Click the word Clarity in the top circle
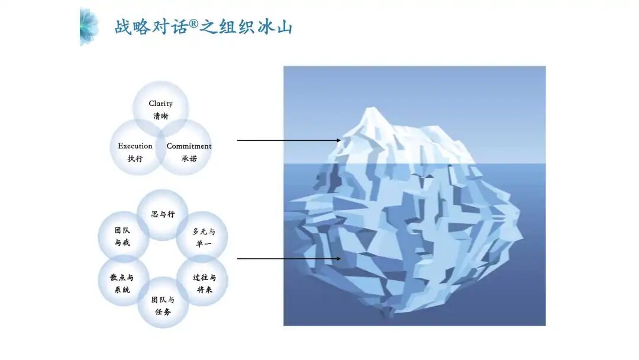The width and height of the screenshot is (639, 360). [x=160, y=104]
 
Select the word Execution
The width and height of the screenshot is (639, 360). [x=135, y=146]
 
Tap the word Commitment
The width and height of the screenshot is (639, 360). [x=189, y=146]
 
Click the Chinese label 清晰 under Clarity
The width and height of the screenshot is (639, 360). [x=160, y=116]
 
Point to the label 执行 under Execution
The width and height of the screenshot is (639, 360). [x=135, y=158]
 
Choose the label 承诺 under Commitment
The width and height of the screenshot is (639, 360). [x=189, y=158]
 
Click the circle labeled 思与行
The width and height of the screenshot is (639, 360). [x=163, y=214]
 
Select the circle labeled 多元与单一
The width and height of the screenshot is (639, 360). [x=203, y=237]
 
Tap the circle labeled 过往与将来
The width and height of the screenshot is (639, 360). [x=203, y=283]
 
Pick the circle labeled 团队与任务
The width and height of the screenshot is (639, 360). [x=163, y=305]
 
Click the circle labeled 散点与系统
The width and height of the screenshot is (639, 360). [x=122, y=283]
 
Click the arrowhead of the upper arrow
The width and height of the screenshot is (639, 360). [x=338, y=140]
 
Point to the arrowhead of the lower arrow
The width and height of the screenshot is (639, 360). [x=338, y=259]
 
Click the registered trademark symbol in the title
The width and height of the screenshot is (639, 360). [x=193, y=24]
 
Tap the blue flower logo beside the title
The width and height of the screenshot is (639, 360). [x=89, y=26]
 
